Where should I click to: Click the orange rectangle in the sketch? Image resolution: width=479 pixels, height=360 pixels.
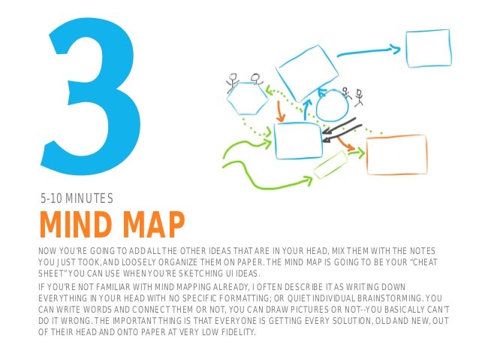(396, 156)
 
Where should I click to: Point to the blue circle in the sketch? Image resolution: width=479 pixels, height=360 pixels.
(331, 107)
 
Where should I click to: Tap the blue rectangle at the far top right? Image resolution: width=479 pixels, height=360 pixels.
(427, 49)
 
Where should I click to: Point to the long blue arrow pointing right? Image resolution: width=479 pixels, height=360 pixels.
(368, 53)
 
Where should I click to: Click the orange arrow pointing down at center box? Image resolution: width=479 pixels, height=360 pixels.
(281, 110)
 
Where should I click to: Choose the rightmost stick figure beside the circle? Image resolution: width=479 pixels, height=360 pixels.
(359, 98)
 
